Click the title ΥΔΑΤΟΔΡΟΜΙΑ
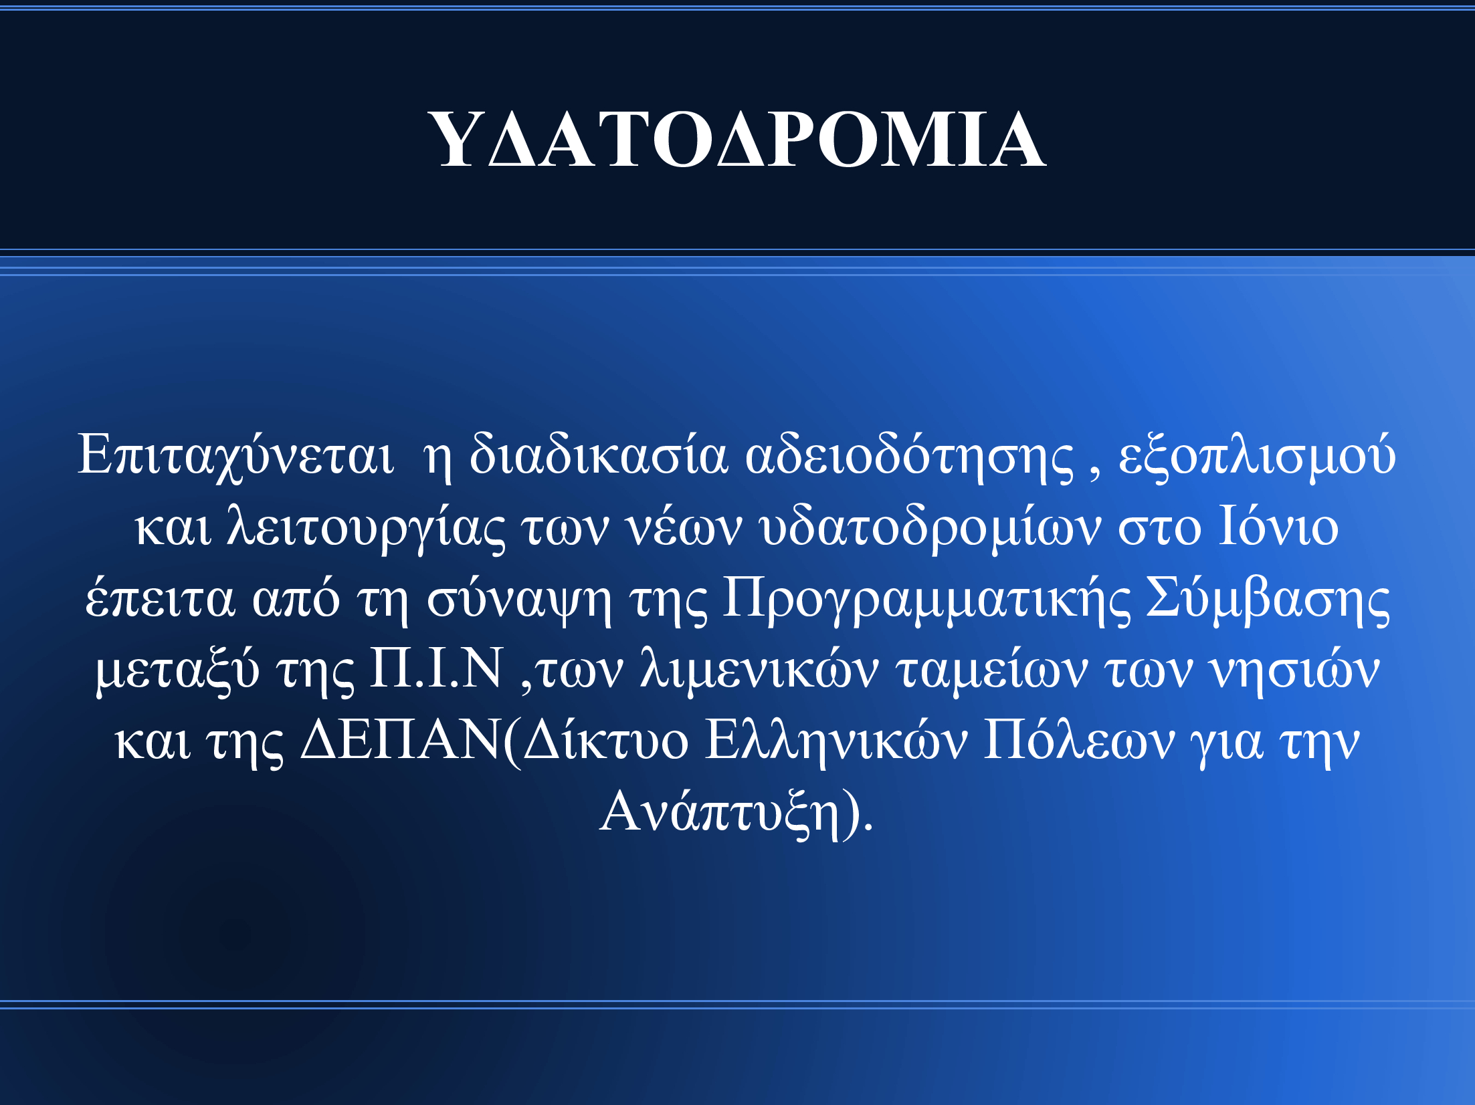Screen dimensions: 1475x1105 pos(737,139)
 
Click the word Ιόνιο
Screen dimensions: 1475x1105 pos(1278,526)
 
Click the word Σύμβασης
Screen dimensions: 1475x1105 pos(1268,599)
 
